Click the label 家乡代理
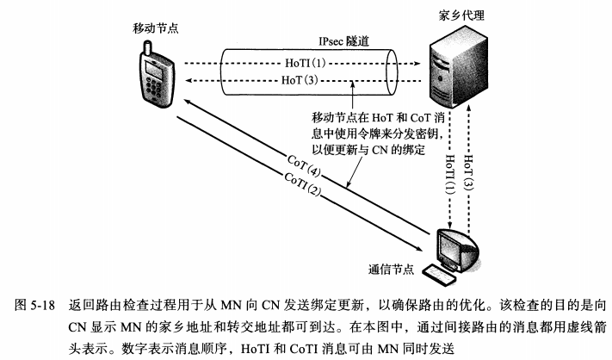pos(459,16)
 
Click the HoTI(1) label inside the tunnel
pos(303,62)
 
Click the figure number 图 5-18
pos(35,304)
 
